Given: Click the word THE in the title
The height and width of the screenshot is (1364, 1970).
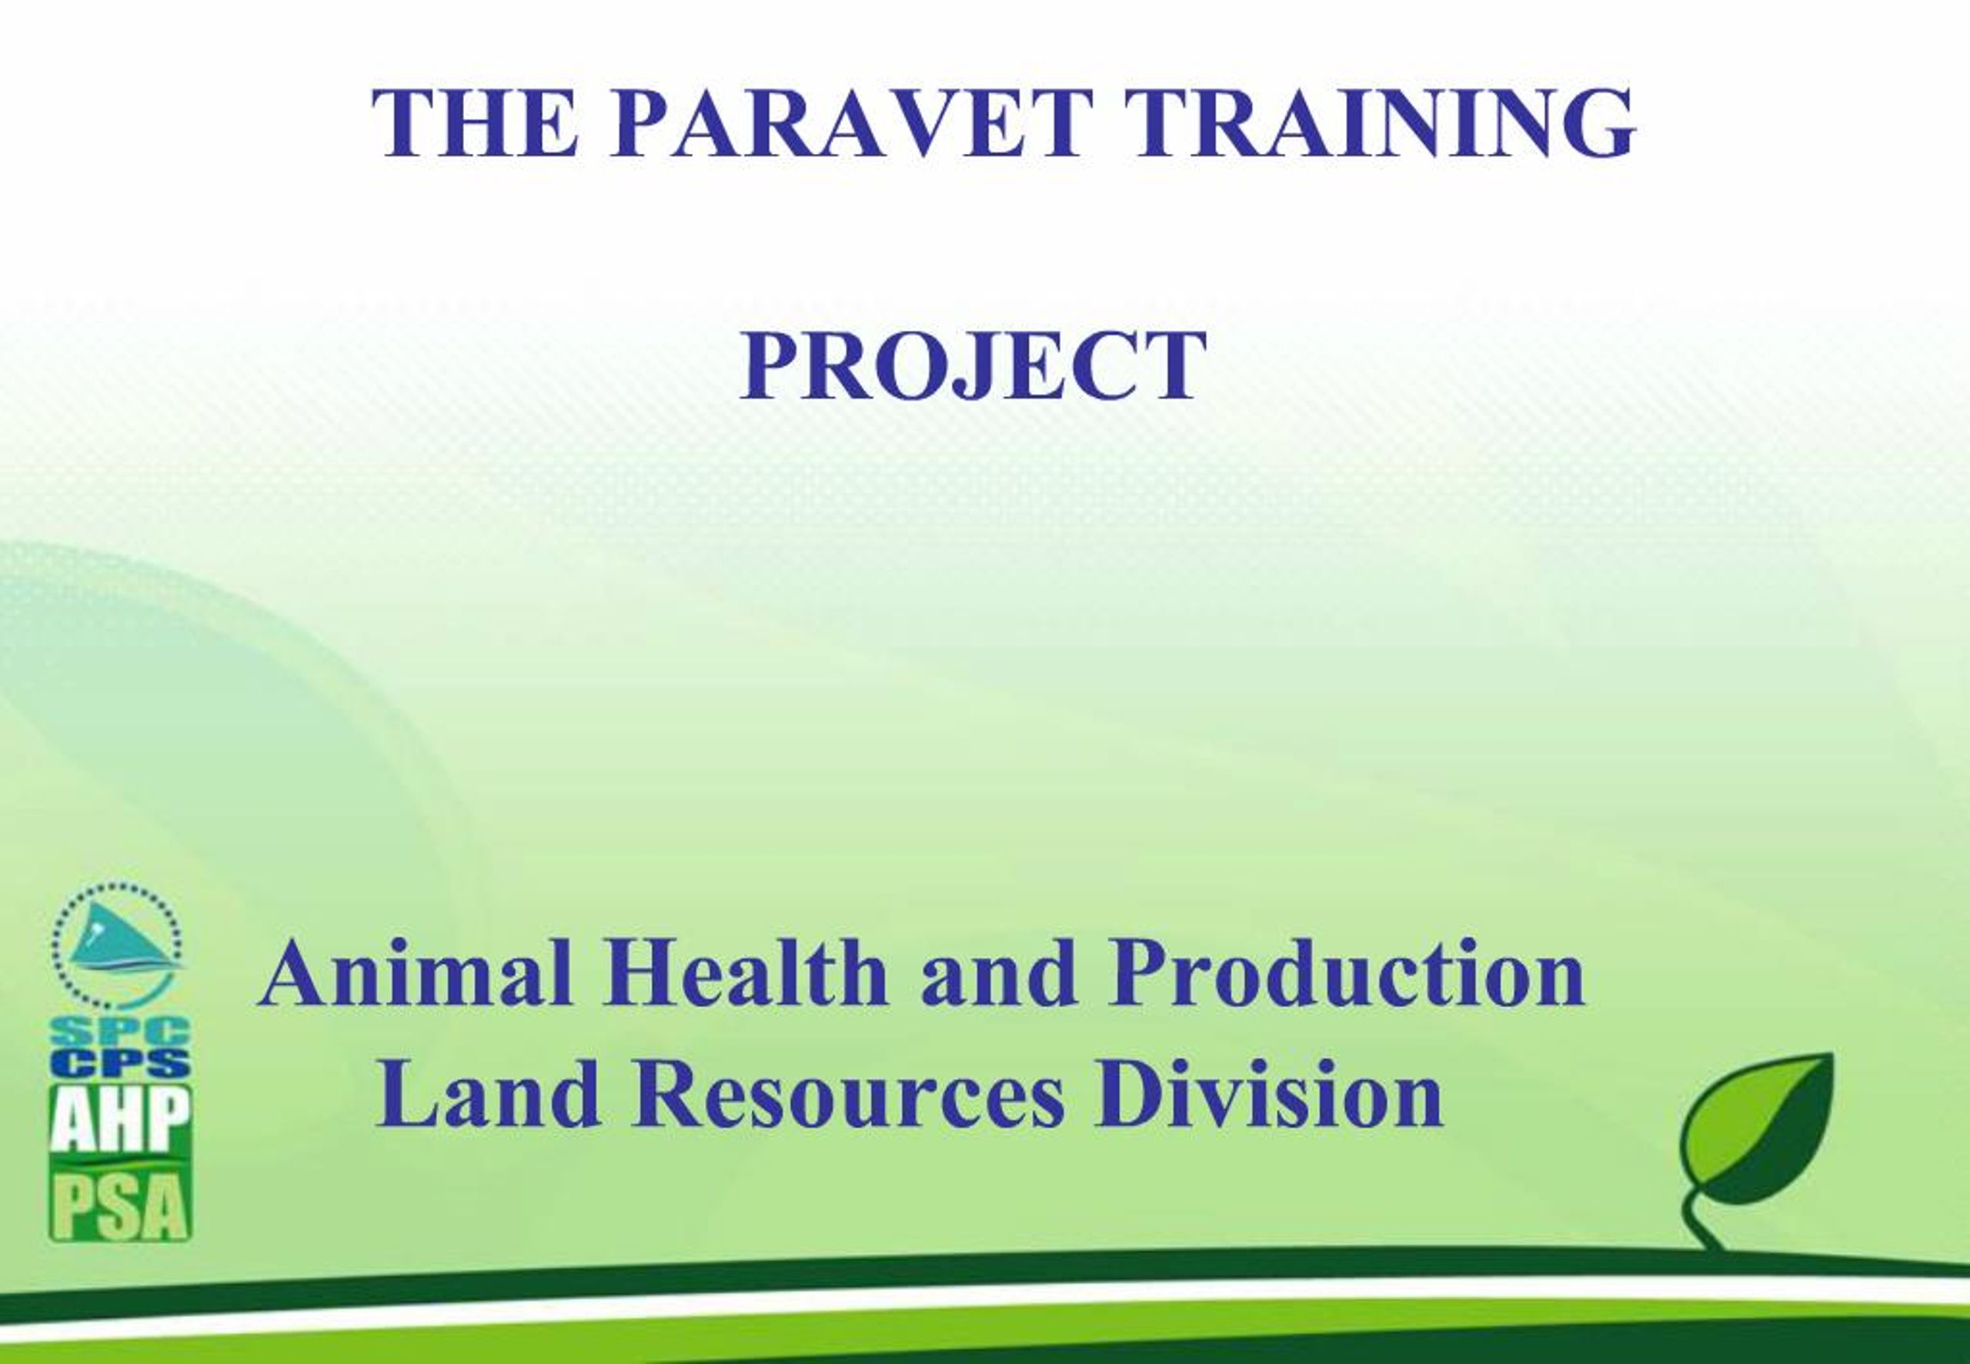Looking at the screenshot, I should point(476,123).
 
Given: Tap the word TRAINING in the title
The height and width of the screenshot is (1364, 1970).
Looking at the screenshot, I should point(1380,123).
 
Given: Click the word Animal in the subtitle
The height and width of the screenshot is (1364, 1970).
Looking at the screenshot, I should point(416,973).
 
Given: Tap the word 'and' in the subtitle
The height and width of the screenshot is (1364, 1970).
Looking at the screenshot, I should point(998,973).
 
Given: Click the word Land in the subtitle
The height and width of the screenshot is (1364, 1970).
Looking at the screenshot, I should point(488,1095).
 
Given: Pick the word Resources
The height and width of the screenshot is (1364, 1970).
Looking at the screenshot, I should point(850,1095).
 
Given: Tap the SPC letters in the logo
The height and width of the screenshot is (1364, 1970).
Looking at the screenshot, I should point(119,1032).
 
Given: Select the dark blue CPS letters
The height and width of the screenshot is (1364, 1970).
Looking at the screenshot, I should point(119,1064).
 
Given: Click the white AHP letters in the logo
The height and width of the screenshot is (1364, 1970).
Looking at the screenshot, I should point(119,1122).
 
